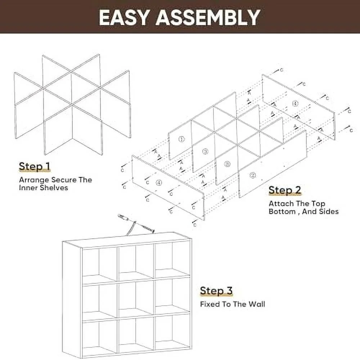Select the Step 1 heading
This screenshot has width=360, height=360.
35,167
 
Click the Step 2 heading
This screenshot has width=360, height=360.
285,190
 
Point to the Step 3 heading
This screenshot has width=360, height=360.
216,291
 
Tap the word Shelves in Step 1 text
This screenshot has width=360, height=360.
55,188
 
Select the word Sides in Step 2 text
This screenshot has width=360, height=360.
328,212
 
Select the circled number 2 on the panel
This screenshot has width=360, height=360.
253,175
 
